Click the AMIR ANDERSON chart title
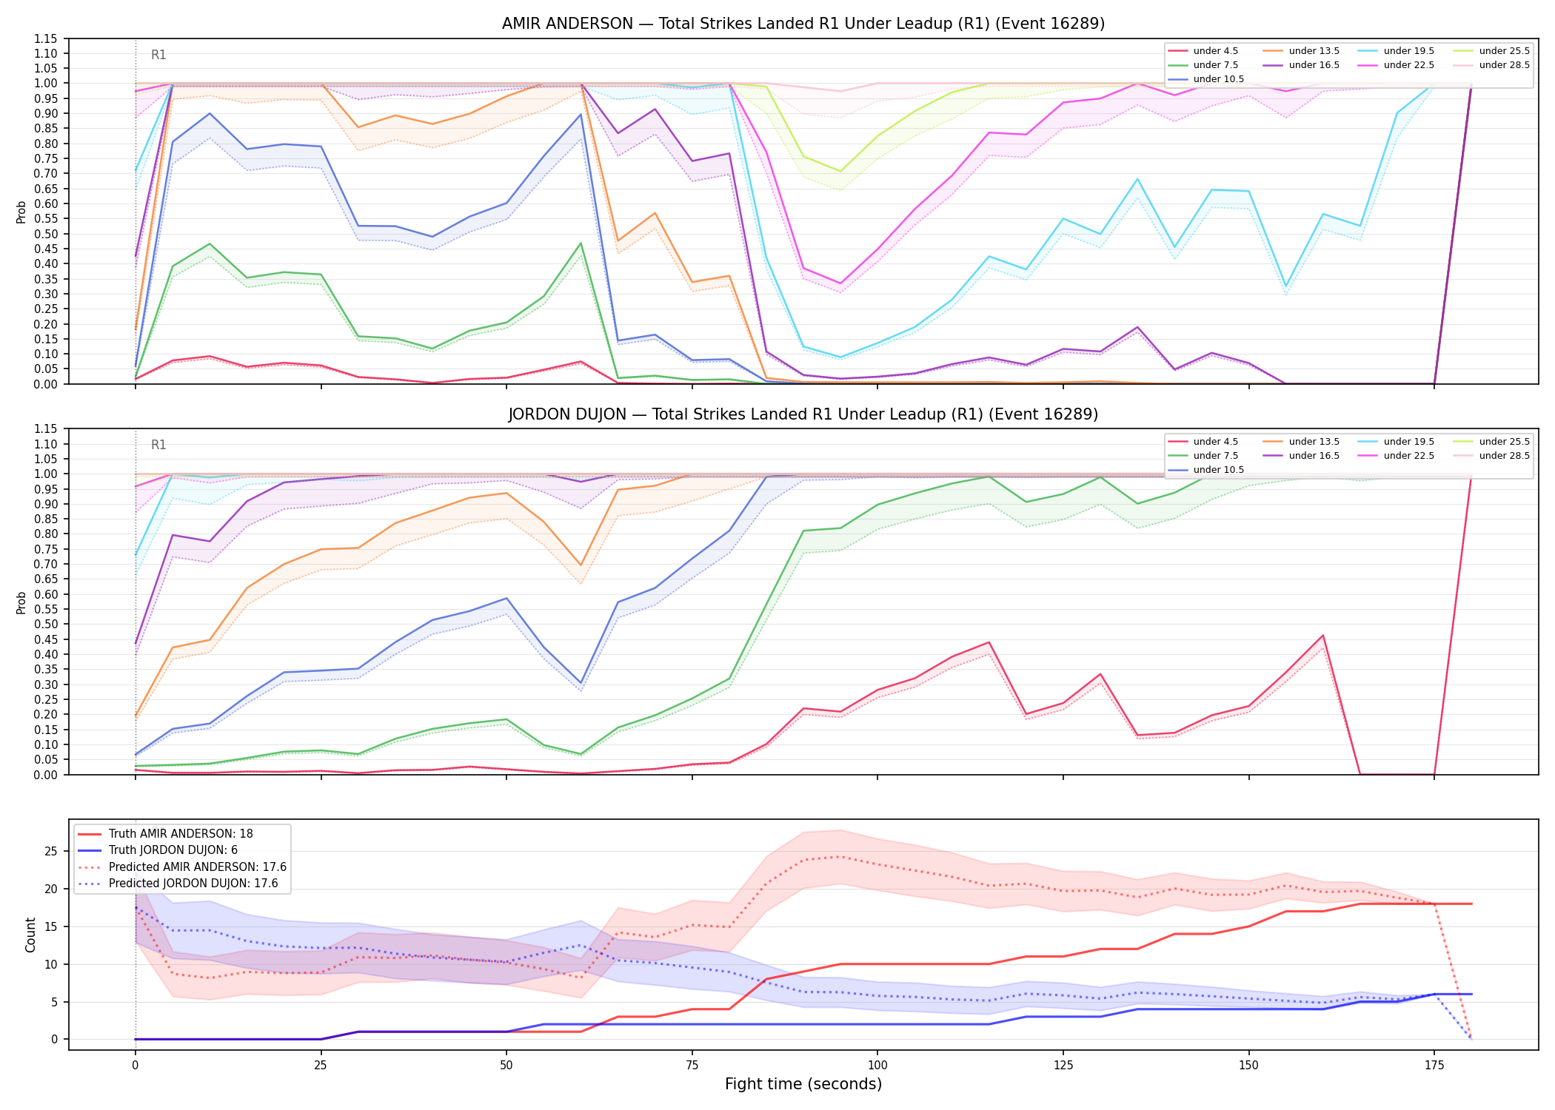coord(803,24)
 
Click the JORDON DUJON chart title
coord(803,414)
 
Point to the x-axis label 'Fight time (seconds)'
coord(803,1084)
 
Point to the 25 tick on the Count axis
coord(51,852)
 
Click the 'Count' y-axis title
coord(30,935)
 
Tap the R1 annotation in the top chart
coord(158,55)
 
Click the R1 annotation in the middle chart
coord(158,445)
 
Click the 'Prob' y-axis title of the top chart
coord(21,212)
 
